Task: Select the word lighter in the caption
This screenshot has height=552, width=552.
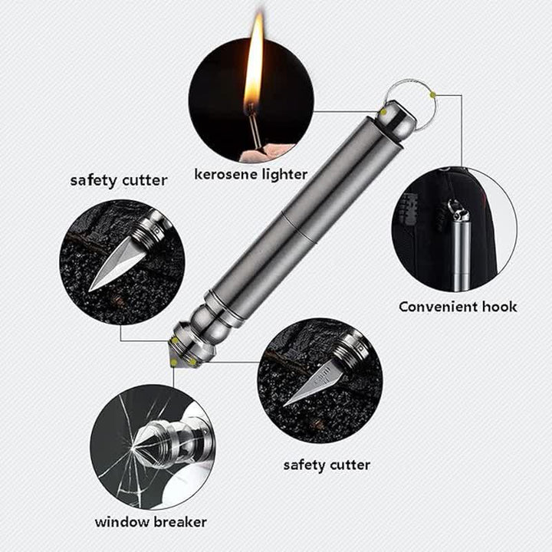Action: [284, 175]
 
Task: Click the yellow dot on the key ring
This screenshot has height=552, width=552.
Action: [432, 94]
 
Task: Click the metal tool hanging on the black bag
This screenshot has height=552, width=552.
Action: [459, 253]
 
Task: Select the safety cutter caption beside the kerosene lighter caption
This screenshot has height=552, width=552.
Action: [118, 181]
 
